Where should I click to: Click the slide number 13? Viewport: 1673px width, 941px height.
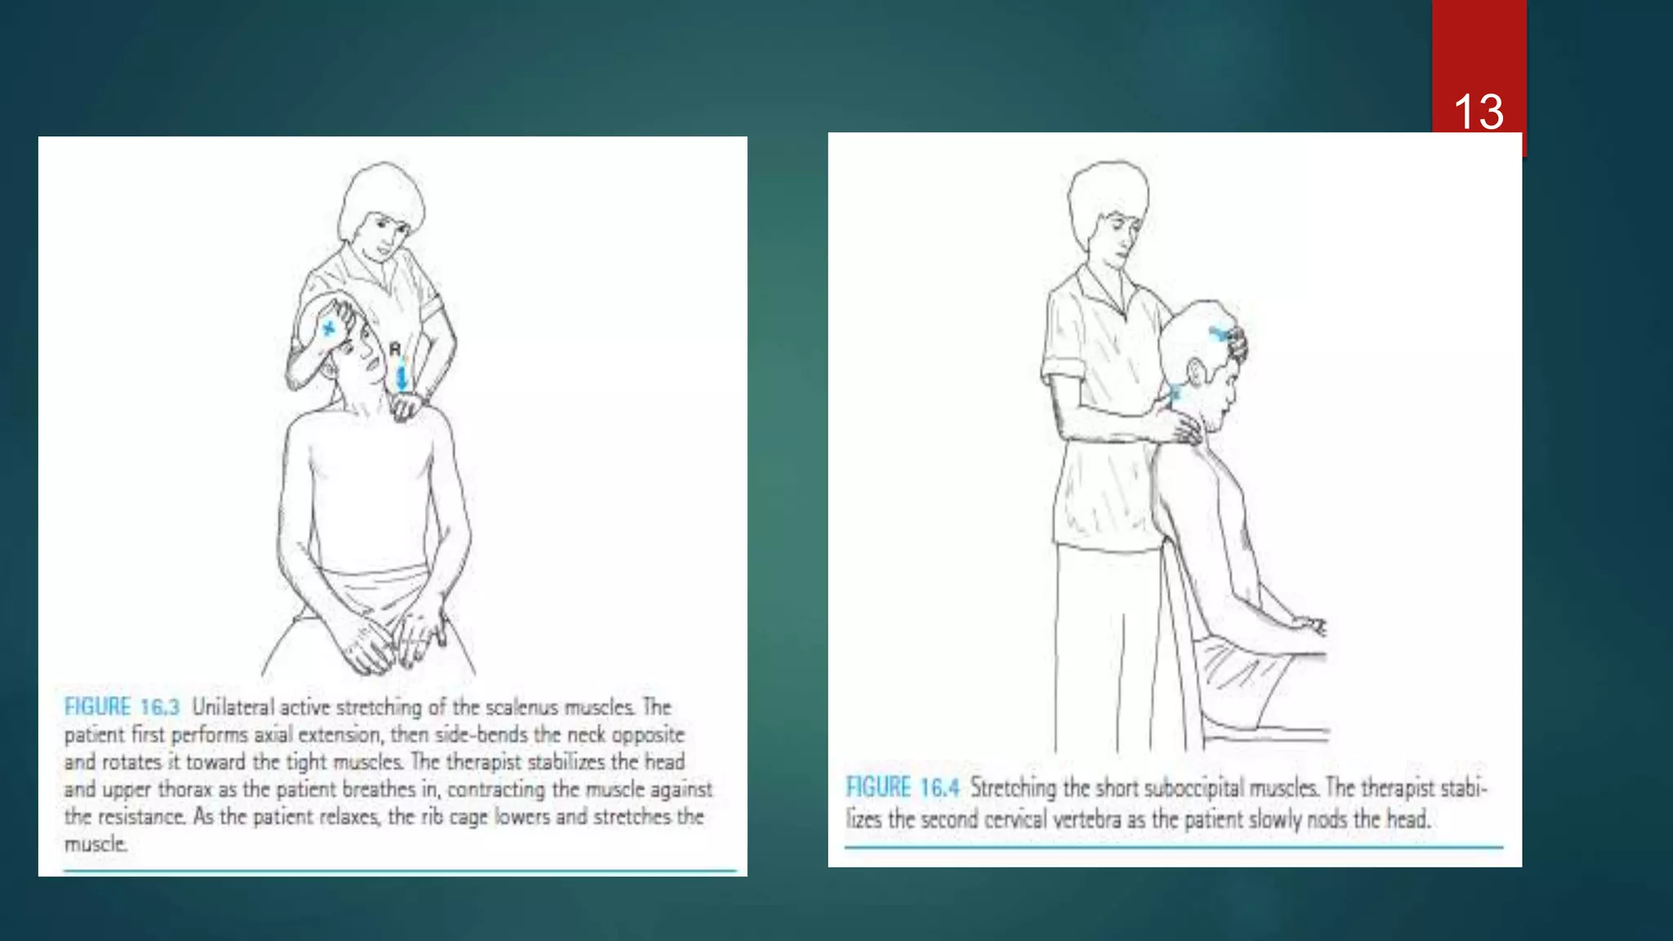tap(1478, 112)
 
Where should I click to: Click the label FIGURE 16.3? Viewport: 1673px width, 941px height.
tap(122, 707)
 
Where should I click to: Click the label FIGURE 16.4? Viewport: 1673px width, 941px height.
tap(902, 787)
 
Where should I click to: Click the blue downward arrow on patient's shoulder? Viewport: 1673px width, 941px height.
tap(401, 377)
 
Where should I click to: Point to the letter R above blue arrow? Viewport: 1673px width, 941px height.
tap(395, 350)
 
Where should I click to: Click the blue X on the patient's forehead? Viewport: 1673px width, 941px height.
tap(328, 328)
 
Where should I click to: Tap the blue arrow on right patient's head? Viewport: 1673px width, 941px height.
tap(1221, 333)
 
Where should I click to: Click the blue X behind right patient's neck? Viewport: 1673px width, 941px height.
tap(1175, 393)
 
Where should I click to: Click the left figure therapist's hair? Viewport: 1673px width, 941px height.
tap(382, 191)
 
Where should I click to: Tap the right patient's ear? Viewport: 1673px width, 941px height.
tap(1197, 373)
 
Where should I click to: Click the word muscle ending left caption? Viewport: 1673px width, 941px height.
tap(95, 844)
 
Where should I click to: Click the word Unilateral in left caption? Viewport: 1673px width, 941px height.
tap(233, 707)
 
